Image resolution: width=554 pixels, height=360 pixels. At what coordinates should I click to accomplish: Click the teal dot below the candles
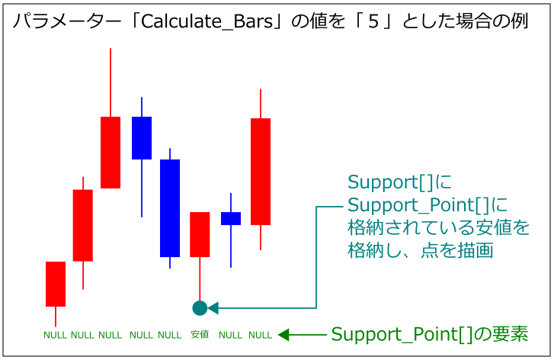pyautogui.click(x=200, y=308)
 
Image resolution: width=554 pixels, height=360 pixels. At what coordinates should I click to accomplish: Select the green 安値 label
pyautogui.click(x=200, y=335)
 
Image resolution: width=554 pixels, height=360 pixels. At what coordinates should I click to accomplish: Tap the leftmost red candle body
pyautogui.click(x=56, y=284)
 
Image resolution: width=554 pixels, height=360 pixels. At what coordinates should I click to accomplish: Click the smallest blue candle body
pyautogui.click(x=231, y=218)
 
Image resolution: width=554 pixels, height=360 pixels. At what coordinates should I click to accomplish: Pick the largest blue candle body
pyautogui.click(x=169, y=207)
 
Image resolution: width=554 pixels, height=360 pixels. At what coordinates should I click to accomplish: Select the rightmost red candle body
pyautogui.click(x=261, y=172)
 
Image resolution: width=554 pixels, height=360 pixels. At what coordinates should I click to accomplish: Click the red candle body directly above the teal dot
pyautogui.click(x=200, y=234)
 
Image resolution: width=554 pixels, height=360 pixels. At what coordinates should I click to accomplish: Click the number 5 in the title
pyautogui.click(x=373, y=21)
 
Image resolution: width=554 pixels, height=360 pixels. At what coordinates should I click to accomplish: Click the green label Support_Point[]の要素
pyautogui.click(x=430, y=334)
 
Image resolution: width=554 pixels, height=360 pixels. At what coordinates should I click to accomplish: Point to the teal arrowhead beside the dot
pyautogui.click(x=213, y=308)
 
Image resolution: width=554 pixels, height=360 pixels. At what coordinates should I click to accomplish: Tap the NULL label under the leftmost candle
pyautogui.click(x=56, y=335)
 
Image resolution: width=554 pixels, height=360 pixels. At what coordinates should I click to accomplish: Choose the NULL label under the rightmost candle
pyautogui.click(x=260, y=335)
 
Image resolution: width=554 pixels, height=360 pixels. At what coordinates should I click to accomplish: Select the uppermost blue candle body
pyautogui.click(x=142, y=138)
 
